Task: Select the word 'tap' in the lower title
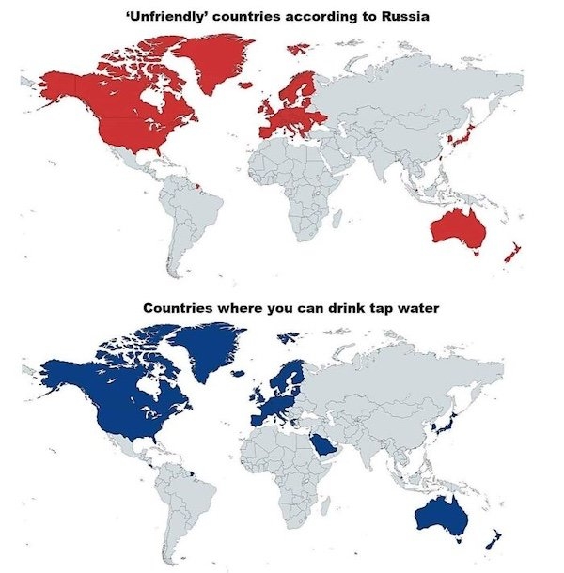[x=371, y=307]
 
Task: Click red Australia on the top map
[x=455, y=226]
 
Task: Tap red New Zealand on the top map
[x=511, y=253]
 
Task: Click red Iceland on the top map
[x=245, y=85]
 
